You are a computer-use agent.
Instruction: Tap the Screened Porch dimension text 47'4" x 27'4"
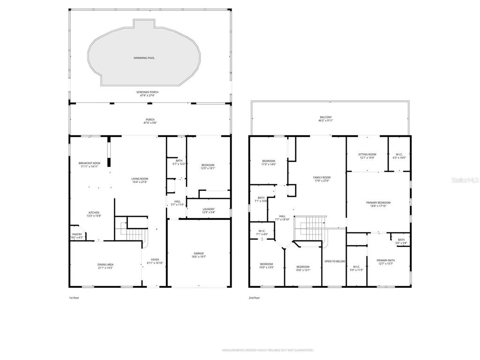[148, 95]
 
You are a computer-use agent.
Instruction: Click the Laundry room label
[208, 209]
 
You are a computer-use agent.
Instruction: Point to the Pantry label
[77, 234]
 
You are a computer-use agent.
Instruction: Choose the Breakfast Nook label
[89, 163]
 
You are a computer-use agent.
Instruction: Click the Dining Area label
[106, 265]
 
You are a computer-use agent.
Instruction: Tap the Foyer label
[155, 260]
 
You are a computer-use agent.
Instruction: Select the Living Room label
[140, 179]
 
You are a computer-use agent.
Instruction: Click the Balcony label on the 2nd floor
[325, 117]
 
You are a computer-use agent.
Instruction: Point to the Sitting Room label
[367, 154]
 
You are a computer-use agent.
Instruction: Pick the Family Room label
[322, 177]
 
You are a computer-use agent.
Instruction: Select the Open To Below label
[335, 261]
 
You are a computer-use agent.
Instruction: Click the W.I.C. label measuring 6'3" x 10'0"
[399, 154]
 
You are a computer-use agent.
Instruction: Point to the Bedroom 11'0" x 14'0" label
[269, 161]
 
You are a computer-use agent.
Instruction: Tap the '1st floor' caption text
[74, 298]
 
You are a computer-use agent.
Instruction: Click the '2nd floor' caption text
[254, 298]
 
